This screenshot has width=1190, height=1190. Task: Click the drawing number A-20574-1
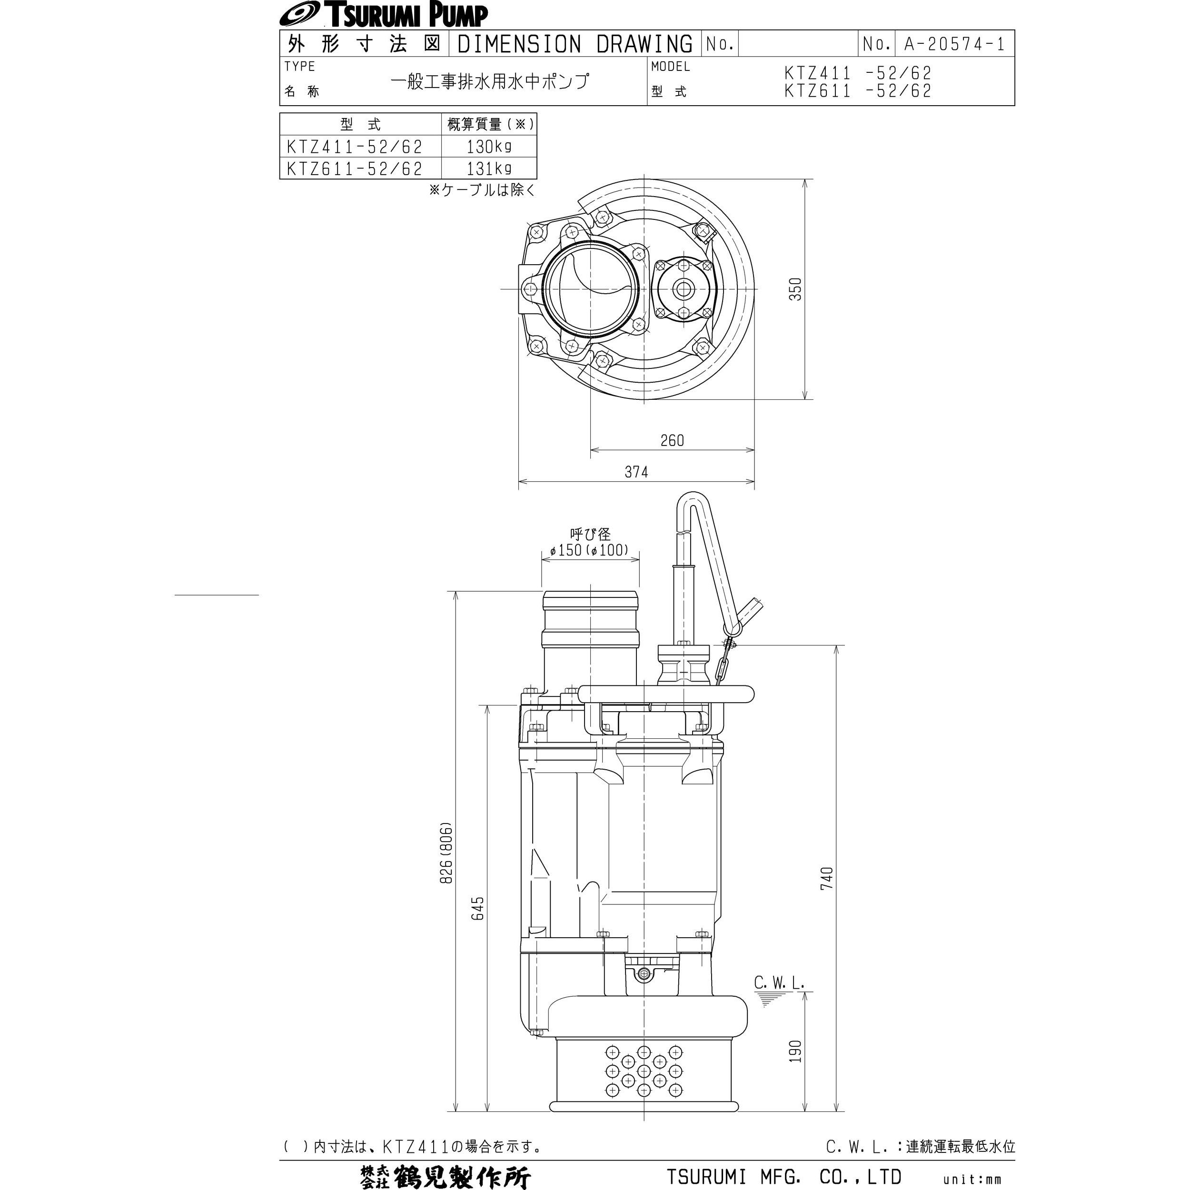coord(954,44)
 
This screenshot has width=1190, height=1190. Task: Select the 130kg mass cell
coord(489,147)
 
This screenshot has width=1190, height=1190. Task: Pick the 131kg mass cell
coord(489,168)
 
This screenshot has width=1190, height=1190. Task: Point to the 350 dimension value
coord(796,289)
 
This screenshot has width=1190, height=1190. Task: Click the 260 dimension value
coord(672,440)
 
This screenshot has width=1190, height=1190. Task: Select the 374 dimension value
coord(636,472)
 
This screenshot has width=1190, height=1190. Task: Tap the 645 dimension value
coord(478,909)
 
